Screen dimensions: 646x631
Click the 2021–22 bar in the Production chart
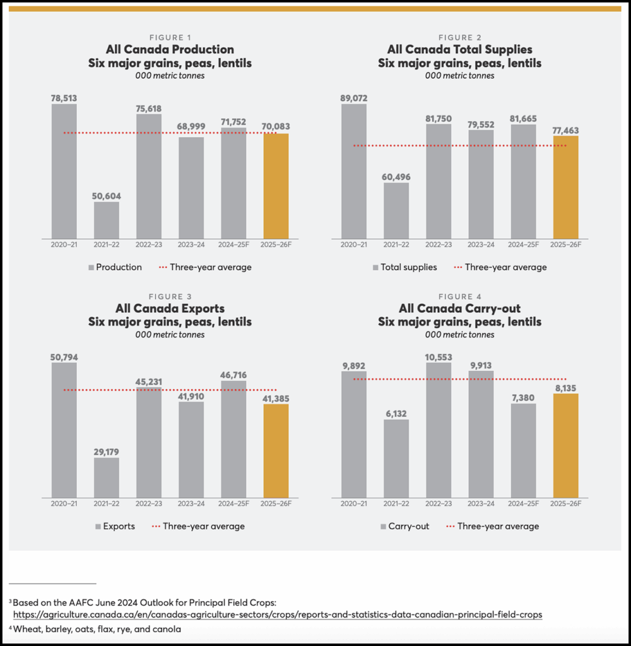click(x=107, y=220)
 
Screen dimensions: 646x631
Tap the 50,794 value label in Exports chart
click(x=64, y=357)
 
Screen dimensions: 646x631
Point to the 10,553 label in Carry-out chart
click(x=439, y=357)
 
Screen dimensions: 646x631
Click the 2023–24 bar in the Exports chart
click(x=191, y=449)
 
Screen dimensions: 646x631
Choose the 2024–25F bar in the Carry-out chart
click(x=523, y=450)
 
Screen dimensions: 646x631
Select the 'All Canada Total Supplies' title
click(x=459, y=49)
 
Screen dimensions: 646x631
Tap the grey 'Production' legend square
click(x=91, y=267)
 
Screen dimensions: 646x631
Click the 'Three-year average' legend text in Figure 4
click(x=498, y=526)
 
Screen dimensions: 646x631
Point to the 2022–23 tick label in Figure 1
click(x=149, y=245)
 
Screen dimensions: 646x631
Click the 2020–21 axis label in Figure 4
click(x=353, y=503)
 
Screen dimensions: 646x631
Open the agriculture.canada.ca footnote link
click(x=278, y=614)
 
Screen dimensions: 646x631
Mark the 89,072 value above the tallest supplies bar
click(x=353, y=98)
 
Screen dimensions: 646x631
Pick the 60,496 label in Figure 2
click(x=396, y=177)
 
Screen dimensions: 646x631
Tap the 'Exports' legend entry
click(x=119, y=526)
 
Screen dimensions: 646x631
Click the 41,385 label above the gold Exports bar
click(x=276, y=399)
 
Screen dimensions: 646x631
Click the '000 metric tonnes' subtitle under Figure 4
click(x=459, y=334)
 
